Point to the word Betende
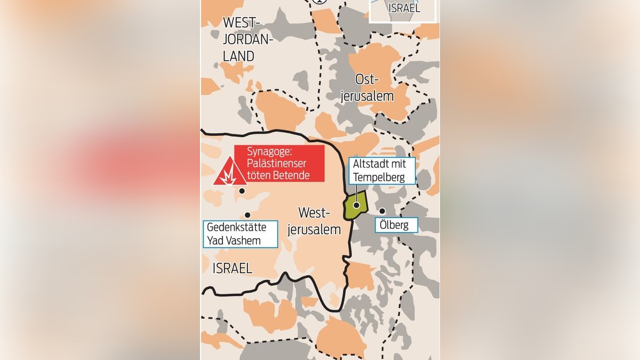pyautogui.click(x=291, y=175)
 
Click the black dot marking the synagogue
pyautogui.click(x=242, y=190)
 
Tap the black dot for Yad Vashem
pyautogui.click(x=247, y=215)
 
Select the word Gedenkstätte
pyautogui.click(x=236, y=228)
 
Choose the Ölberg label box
pyautogui.click(x=395, y=225)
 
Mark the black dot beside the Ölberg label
pyautogui.click(x=382, y=211)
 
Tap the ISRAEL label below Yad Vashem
pyautogui.click(x=233, y=268)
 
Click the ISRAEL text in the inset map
pyautogui.click(x=404, y=8)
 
